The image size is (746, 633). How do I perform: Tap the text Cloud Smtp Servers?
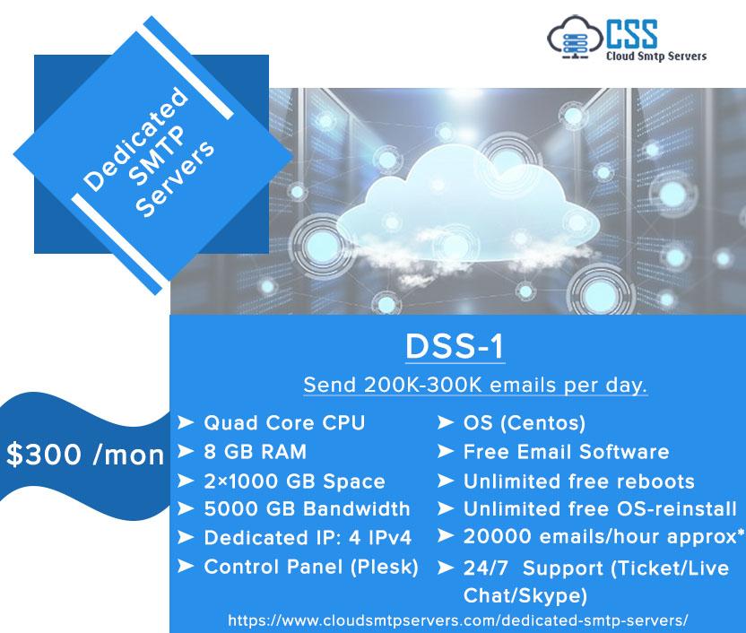click(x=657, y=56)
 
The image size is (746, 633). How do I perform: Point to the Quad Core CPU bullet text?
click(x=284, y=422)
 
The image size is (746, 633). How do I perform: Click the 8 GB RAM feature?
click(x=255, y=451)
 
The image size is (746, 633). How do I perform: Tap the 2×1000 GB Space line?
click(x=294, y=481)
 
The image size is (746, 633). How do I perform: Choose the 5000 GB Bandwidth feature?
click(x=307, y=509)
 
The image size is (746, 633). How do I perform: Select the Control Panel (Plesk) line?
click(x=311, y=567)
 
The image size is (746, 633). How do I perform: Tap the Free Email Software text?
click(x=566, y=451)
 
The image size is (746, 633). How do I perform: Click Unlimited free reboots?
click(x=578, y=481)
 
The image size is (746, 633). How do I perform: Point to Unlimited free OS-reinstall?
click(x=600, y=509)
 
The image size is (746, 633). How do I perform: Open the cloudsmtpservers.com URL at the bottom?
click(x=458, y=620)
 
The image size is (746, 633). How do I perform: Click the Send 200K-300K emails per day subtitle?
click(x=476, y=386)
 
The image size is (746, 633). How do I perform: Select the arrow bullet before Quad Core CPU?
click(x=186, y=422)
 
